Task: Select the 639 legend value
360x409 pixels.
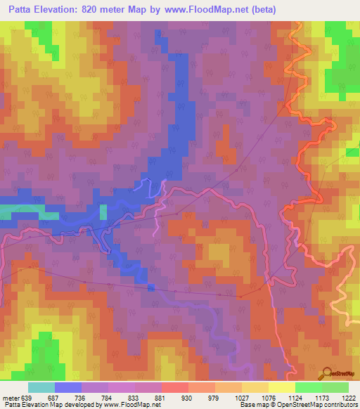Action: click(27, 397)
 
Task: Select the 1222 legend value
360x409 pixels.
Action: click(349, 397)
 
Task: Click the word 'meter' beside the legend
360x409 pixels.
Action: click(11, 397)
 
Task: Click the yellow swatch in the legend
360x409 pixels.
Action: click(255, 387)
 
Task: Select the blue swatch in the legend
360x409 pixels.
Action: click(68, 387)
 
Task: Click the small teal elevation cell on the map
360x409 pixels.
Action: click(103, 212)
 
